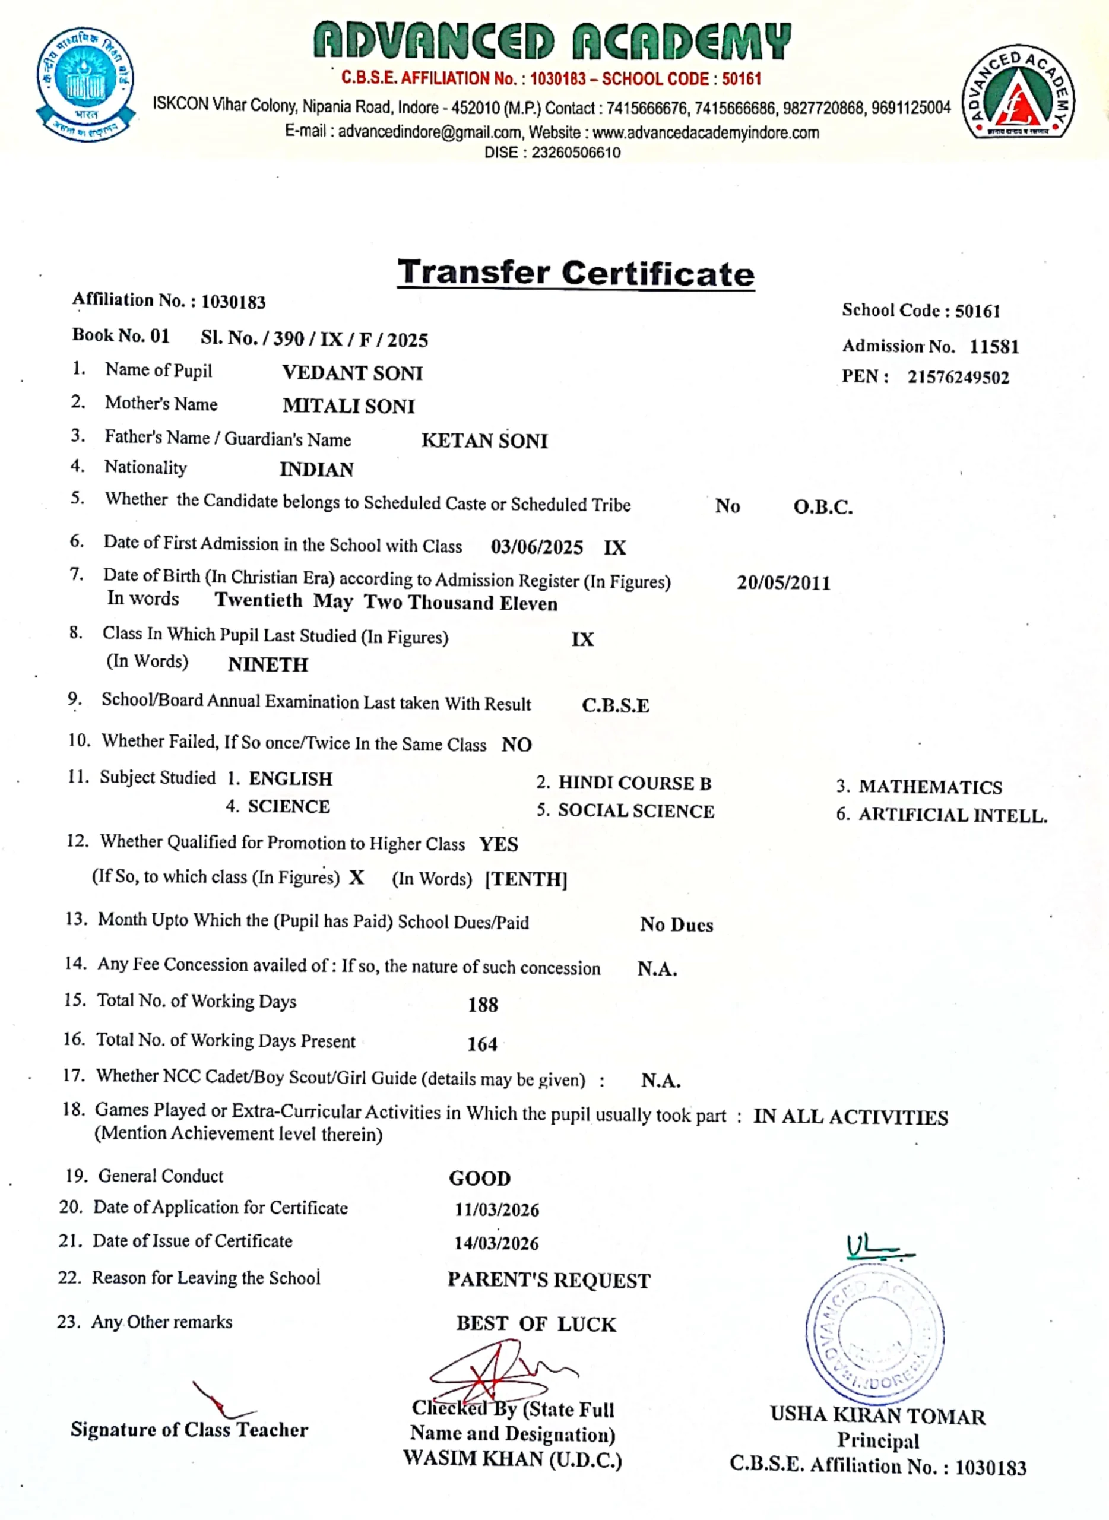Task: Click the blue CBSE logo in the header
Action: (85, 84)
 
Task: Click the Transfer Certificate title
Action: (576, 273)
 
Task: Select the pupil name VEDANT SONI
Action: (353, 373)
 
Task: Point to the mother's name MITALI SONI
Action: (348, 406)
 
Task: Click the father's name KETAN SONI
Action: (484, 441)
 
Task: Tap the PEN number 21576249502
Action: (958, 377)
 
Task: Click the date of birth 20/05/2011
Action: (784, 582)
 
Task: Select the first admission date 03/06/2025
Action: (536, 547)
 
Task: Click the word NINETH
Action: (268, 664)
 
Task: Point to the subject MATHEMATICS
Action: (930, 787)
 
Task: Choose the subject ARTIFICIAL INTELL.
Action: (953, 815)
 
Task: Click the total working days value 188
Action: (483, 1005)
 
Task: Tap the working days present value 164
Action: (482, 1044)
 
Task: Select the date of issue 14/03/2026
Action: (496, 1243)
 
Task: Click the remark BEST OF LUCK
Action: (536, 1324)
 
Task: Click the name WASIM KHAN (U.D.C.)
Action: (512, 1459)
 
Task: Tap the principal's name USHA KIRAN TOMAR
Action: (877, 1416)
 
